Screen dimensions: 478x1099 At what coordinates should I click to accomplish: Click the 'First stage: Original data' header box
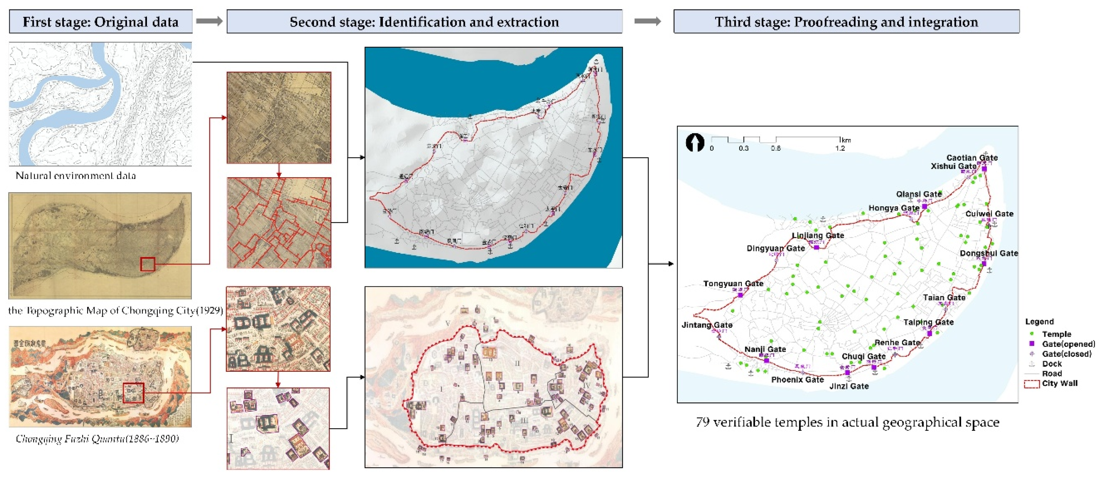(101, 22)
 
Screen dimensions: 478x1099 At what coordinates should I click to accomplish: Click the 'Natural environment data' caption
(75, 175)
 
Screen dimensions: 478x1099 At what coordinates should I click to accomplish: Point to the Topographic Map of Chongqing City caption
(115, 310)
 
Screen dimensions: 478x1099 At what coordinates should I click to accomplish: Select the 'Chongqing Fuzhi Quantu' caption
(97, 439)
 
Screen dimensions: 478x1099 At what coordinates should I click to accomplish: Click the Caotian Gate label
(972, 158)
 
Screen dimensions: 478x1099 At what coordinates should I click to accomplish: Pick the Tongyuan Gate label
(733, 283)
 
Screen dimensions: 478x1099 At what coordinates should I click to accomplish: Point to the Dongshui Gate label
(989, 253)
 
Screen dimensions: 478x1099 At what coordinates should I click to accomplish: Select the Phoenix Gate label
(797, 379)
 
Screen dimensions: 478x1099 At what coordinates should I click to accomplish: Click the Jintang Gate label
(707, 325)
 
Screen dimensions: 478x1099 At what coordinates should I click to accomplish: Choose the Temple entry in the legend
(1056, 334)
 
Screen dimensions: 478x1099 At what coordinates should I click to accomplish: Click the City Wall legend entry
(1059, 383)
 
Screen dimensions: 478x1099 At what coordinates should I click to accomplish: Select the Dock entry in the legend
(1052, 363)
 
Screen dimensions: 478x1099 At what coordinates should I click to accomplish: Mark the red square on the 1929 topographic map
(148, 264)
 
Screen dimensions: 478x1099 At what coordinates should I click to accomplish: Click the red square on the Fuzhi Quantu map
(133, 393)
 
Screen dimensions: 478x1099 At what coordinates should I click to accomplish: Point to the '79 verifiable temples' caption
(847, 422)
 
